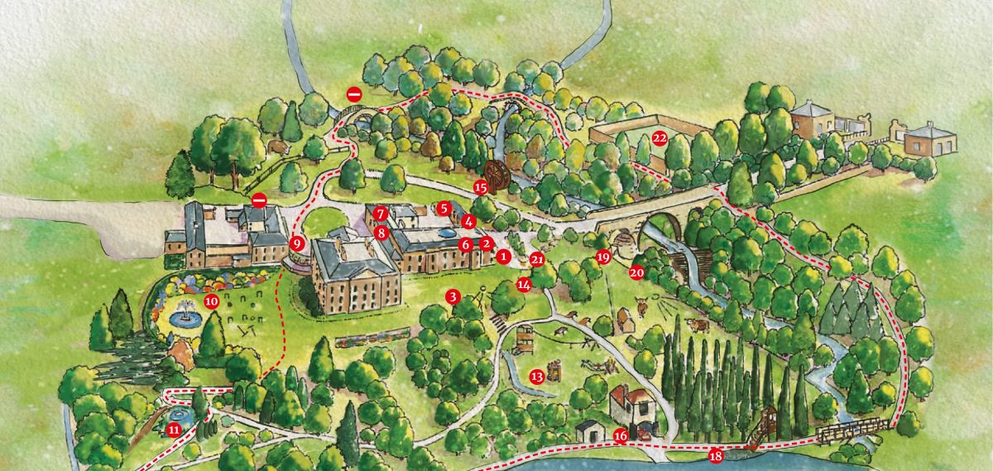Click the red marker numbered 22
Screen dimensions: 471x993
click(x=660, y=138)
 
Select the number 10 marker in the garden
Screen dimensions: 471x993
click(x=211, y=301)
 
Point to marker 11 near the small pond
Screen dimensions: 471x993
click(x=174, y=429)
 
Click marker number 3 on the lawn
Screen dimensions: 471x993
click(x=452, y=296)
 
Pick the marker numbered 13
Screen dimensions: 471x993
click(x=537, y=376)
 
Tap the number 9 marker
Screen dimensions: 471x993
click(x=298, y=244)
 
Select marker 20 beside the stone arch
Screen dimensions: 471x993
click(x=636, y=272)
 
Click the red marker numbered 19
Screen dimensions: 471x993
click(x=603, y=257)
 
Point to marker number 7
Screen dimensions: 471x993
click(x=380, y=214)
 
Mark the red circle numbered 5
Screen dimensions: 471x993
click(x=444, y=208)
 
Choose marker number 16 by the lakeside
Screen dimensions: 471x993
click(x=621, y=436)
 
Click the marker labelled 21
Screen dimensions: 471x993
click(x=538, y=259)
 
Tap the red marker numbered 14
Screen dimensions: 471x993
click(x=524, y=285)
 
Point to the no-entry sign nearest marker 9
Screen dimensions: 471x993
click(x=259, y=200)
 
